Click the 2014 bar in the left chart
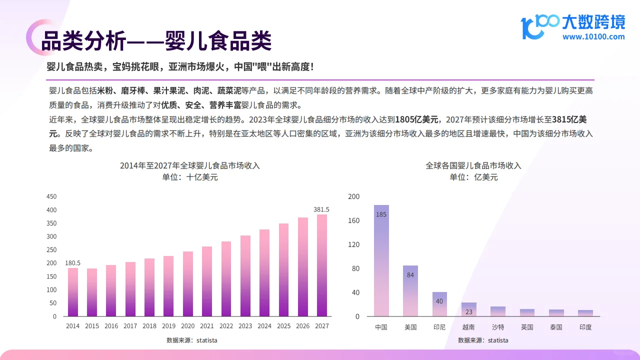[x=73, y=292]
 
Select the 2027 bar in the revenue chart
[x=321, y=265]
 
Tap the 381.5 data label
[x=321, y=209]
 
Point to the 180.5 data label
[x=73, y=263]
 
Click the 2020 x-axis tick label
[x=188, y=326]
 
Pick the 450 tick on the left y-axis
[x=51, y=196]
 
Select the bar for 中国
[x=381, y=260]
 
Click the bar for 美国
[x=410, y=290]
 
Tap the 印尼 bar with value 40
[x=439, y=304]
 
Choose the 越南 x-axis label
[x=468, y=327]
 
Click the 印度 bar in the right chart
[x=585, y=313]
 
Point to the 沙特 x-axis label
[x=497, y=327]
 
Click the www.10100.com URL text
[x=593, y=36]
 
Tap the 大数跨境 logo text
[x=593, y=22]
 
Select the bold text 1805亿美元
[x=417, y=119]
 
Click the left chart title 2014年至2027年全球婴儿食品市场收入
[x=190, y=165]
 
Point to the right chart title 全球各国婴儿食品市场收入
[x=473, y=165]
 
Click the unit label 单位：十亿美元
[x=190, y=177]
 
